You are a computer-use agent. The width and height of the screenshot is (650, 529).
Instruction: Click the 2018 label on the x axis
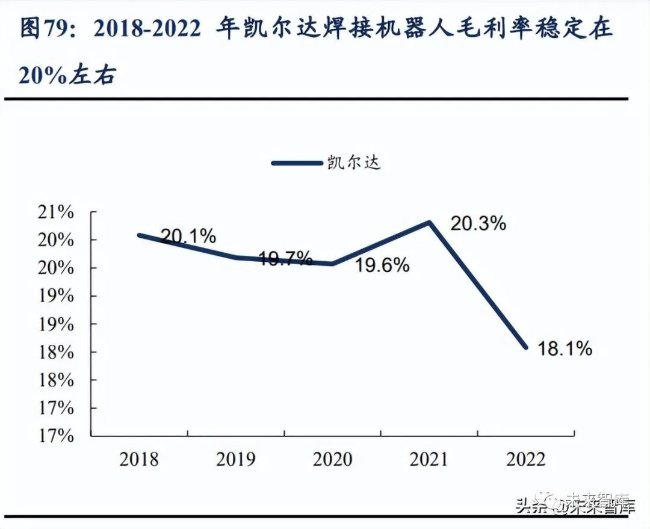click(x=139, y=460)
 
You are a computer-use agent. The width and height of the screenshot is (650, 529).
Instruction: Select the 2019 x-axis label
click(x=236, y=460)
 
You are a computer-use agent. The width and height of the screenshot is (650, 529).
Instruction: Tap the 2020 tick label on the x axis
click(x=333, y=460)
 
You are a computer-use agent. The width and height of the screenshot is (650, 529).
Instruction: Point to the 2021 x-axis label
click(x=429, y=460)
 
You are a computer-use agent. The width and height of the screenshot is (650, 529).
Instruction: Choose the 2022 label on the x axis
click(x=525, y=460)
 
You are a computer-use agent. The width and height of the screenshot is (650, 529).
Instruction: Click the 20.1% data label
click(x=188, y=237)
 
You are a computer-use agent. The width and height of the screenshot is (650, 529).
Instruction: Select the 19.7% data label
click(x=285, y=259)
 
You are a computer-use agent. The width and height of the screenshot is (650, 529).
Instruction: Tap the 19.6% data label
click(x=382, y=265)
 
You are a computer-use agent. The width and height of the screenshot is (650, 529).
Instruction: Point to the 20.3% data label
click(x=478, y=224)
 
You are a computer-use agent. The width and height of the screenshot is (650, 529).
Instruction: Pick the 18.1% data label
click(x=565, y=348)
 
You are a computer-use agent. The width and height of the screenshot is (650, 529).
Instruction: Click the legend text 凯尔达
click(x=354, y=162)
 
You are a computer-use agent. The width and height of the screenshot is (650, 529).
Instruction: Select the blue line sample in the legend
click(x=296, y=162)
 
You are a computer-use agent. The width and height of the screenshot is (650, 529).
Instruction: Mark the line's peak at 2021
click(x=429, y=222)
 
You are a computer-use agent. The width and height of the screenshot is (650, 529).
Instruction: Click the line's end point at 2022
click(x=525, y=347)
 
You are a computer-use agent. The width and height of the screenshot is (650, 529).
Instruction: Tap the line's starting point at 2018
click(x=139, y=235)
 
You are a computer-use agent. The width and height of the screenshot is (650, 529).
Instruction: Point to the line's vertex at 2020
click(x=333, y=264)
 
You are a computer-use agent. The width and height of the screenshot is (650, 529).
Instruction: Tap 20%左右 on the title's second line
click(x=67, y=76)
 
